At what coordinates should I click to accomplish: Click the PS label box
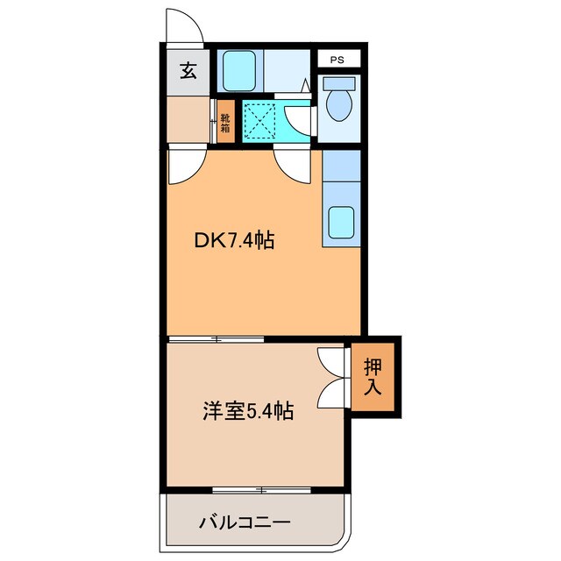337,60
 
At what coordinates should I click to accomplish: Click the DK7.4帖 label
234,238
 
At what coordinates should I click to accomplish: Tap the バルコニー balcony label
244,523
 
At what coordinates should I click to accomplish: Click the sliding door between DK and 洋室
216,338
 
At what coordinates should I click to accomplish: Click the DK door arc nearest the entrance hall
186,166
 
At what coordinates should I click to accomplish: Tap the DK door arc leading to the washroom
293,164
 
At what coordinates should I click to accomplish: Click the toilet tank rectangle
337,85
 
